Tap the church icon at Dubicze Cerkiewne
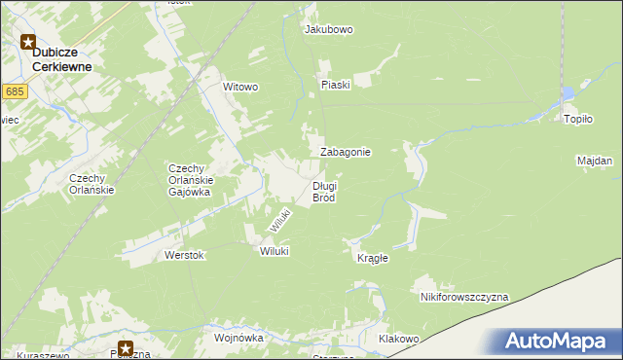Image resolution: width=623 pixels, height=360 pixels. pyautogui.click(x=29, y=42)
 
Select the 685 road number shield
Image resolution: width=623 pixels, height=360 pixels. pyautogui.click(x=14, y=91)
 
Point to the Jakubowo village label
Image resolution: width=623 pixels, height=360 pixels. pyautogui.click(x=329, y=30)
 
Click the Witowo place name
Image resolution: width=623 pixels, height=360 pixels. pyautogui.click(x=240, y=87)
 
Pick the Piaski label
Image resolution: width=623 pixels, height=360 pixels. pyautogui.click(x=335, y=85)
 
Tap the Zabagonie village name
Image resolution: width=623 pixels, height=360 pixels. pyautogui.click(x=346, y=153)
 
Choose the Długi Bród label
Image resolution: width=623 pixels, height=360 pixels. pyautogui.click(x=324, y=192)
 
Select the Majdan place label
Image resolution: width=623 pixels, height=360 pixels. pyautogui.click(x=594, y=161)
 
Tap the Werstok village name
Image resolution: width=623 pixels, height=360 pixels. pyautogui.click(x=184, y=255)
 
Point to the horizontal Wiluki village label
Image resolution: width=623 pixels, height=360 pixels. pyautogui.click(x=275, y=251)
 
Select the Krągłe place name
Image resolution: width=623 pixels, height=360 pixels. pyautogui.click(x=373, y=258)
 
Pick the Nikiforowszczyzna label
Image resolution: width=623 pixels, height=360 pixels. pyautogui.click(x=464, y=297)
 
